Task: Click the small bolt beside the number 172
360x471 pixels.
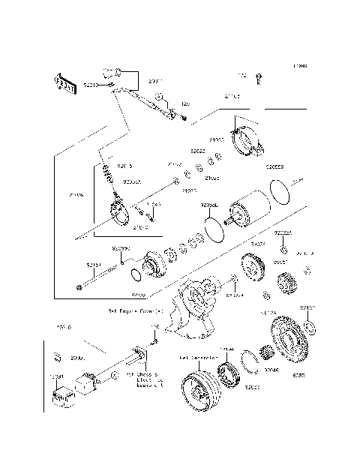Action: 259,76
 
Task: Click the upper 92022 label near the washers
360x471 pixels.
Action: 198,151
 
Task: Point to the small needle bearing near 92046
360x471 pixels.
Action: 265,353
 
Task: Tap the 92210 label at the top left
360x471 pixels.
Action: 91,86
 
